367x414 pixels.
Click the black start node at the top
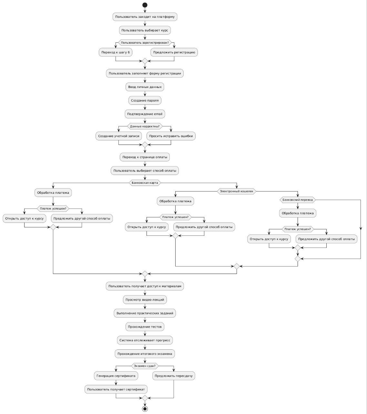145,5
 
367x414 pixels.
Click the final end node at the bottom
145,409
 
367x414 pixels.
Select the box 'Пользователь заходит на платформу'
145,17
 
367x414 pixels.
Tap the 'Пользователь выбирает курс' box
145,30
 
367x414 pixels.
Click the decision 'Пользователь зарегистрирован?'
145,43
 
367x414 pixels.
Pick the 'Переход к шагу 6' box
116,52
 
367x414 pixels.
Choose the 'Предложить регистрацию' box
174,52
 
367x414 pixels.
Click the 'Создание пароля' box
145,101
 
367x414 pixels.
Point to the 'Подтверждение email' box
145,114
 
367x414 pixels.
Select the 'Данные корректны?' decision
145,126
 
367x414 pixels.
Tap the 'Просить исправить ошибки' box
171,136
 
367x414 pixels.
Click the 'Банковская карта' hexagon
145,183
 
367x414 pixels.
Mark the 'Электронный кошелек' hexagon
237,191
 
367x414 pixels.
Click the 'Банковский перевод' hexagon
298,200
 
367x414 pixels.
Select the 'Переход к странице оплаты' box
145,157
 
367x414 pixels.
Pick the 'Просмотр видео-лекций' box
145,300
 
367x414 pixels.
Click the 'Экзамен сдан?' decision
145,366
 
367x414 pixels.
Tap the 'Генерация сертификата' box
116,376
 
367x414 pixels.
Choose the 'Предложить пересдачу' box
174,376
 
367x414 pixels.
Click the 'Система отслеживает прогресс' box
145,340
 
